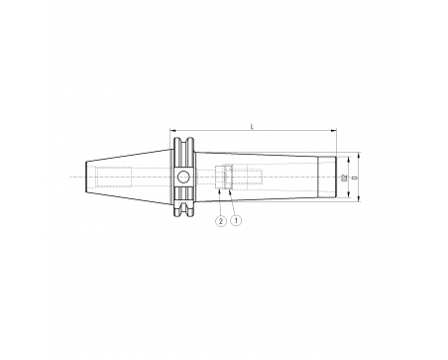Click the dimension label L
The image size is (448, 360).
pos(253,126)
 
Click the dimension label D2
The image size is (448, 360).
pos(345,178)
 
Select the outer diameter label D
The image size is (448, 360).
pos(355,178)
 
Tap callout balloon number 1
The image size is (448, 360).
pos(236,220)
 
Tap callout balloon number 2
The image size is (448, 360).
pos(221,220)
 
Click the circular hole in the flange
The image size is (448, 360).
pos(183,178)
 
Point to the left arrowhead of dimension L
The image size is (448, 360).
pos(172,131)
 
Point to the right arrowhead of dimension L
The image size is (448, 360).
pos(334,131)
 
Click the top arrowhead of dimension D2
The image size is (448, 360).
pos(349,160)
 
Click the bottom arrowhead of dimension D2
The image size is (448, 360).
pos(349,195)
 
